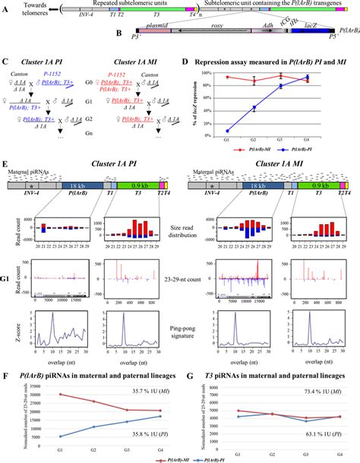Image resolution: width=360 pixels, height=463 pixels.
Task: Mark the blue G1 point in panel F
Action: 39,436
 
